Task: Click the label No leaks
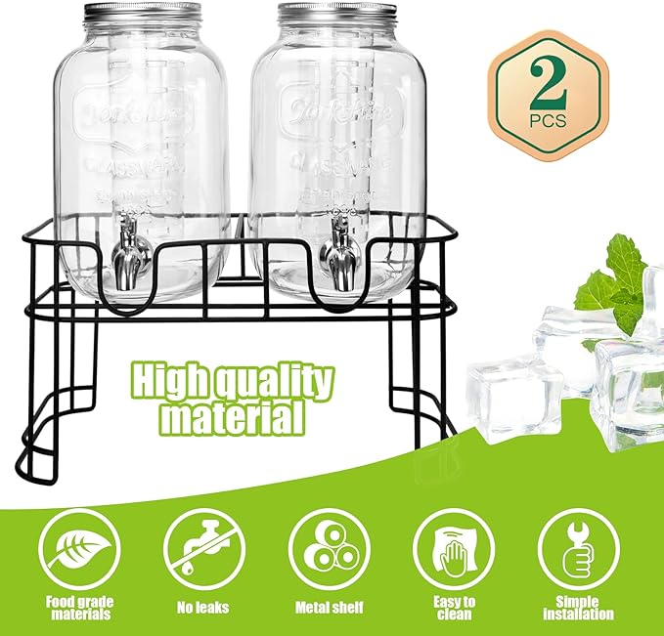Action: coord(203,608)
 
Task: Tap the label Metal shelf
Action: coord(329,608)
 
